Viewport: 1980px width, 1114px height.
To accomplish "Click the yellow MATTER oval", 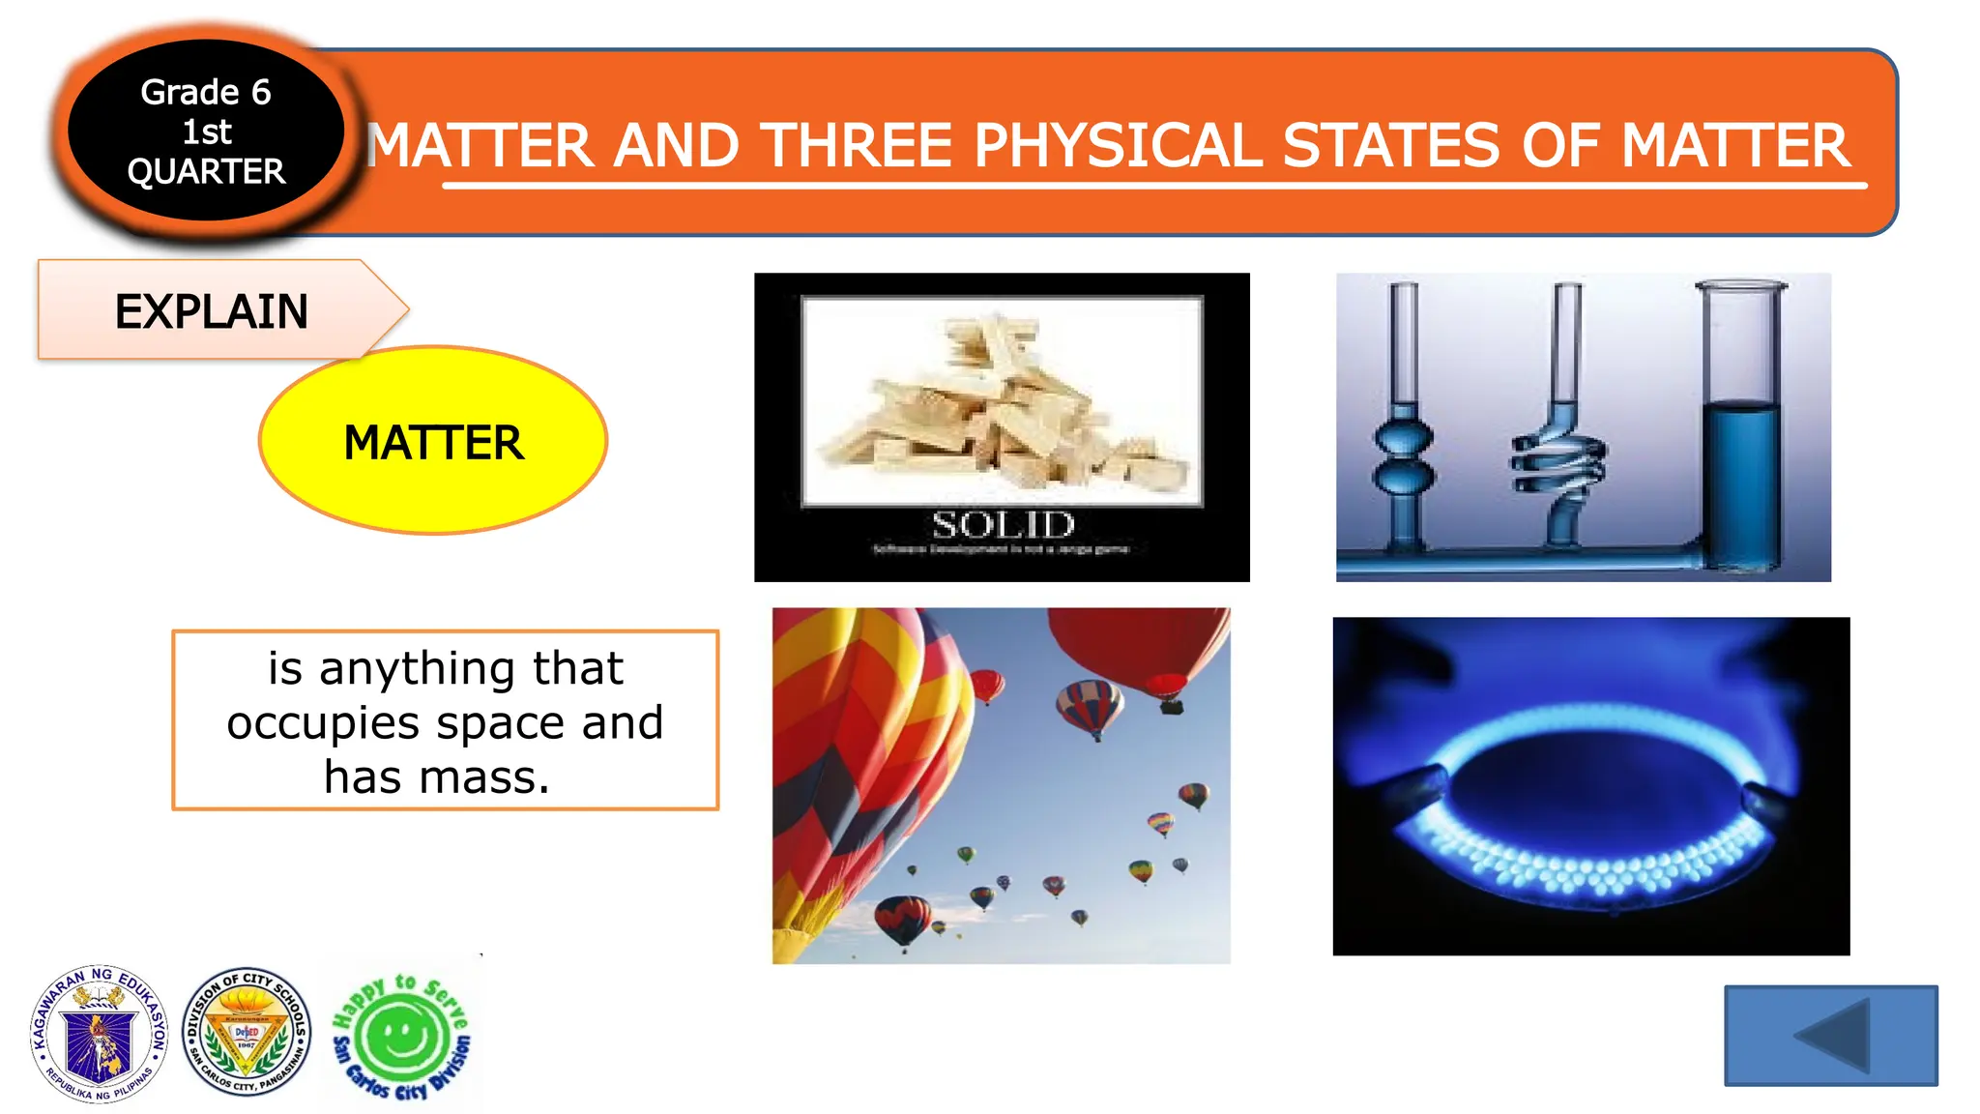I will (433, 441).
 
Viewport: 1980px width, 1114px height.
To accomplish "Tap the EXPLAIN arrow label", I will (212, 311).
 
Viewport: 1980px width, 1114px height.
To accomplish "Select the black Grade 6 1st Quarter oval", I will (206, 132).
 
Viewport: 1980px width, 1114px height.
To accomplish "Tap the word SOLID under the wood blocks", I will (1003, 525).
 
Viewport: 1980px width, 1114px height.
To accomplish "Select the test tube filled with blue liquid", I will (1739, 454).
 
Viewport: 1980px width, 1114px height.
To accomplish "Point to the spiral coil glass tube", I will (1559, 454).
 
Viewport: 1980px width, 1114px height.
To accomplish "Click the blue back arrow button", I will (1830, 1035).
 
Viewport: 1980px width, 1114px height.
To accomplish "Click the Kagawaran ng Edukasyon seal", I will (100, 1035).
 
